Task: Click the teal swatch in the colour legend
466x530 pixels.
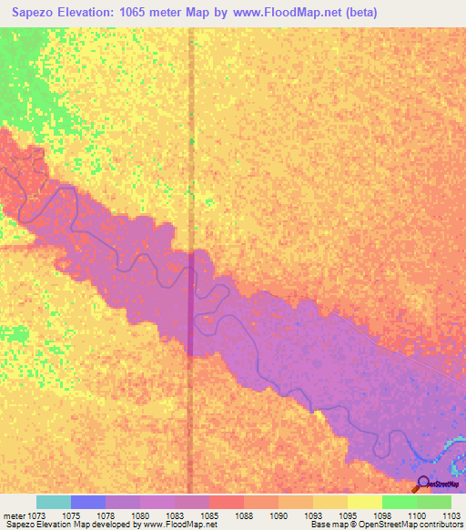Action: coord(54,502)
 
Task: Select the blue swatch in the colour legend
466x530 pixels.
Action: coord(88,502)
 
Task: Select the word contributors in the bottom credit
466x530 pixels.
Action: coord(437,525)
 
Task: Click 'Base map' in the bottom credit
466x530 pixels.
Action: coord(325,525)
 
